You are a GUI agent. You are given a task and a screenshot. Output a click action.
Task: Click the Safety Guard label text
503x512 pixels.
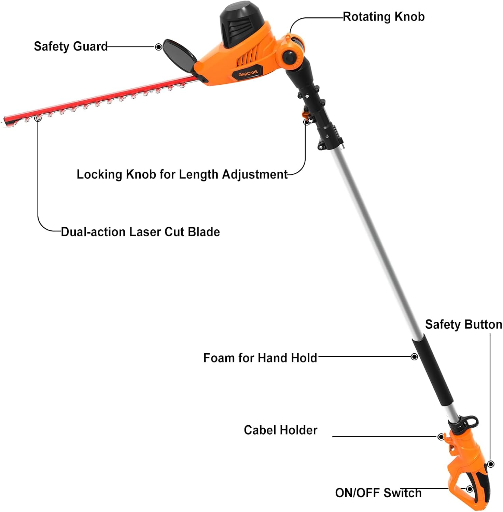click(71, 46)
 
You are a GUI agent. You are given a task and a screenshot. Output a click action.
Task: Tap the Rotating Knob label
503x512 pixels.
click(383, 17)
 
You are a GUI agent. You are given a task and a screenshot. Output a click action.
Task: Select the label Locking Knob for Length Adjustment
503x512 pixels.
click(182, 174)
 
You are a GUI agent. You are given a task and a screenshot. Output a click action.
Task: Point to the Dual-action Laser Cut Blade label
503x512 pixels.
click(140, 232)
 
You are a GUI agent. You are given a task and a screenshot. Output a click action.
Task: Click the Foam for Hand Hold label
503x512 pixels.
click(260, 358)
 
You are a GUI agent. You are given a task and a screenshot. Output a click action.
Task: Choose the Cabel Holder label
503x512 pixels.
click(280, 430)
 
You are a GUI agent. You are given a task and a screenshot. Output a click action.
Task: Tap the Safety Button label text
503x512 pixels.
click(463, 325)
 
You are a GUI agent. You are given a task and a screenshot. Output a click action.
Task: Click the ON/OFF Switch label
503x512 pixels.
click(378, 493)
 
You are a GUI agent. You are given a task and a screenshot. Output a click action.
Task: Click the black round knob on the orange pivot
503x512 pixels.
click(290, 57)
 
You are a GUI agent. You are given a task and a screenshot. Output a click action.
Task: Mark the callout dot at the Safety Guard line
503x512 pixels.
click(158, 47)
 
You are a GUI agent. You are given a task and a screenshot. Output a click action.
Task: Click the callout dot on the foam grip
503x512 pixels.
click(414, 357)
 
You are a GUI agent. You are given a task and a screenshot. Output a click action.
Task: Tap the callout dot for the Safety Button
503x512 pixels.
click(491, 464)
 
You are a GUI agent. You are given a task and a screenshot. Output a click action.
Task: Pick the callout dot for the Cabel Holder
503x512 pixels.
click(441, 437)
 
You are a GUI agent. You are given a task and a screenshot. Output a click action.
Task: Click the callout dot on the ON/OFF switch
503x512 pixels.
click(470, 489)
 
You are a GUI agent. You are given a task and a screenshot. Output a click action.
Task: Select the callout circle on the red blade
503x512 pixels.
click(38, 119)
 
